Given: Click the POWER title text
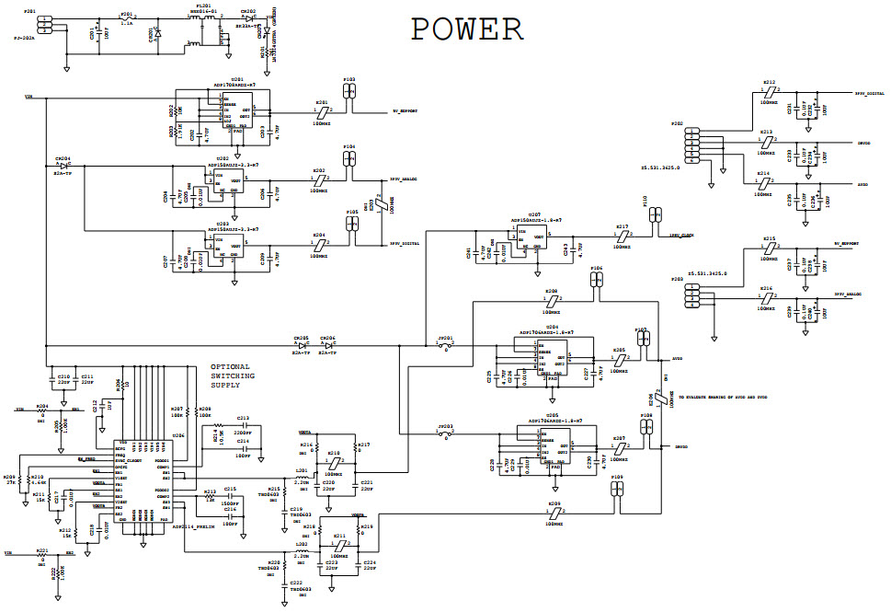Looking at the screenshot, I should (x=466, y=29).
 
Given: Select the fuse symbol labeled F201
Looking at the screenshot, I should (x=126, y=19).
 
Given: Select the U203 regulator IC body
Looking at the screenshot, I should (x=225, y=246).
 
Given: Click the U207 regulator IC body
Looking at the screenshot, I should (x=530, y=239).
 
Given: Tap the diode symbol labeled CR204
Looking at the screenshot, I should (x=64, y=167).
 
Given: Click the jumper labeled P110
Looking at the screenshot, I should (x=654, y=214).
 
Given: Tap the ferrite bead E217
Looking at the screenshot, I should (x=622, y=236).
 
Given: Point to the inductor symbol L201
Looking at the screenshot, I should (x=303, y=477).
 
